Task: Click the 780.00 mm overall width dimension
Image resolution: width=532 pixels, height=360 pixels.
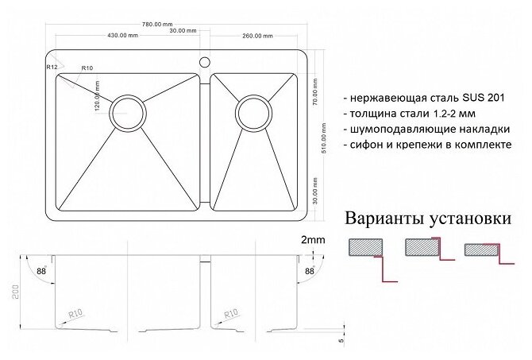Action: pos(178,25)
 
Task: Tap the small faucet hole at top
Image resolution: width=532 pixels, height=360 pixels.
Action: pos(203,60)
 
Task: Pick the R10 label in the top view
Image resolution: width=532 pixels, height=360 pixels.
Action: pos(88,68)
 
